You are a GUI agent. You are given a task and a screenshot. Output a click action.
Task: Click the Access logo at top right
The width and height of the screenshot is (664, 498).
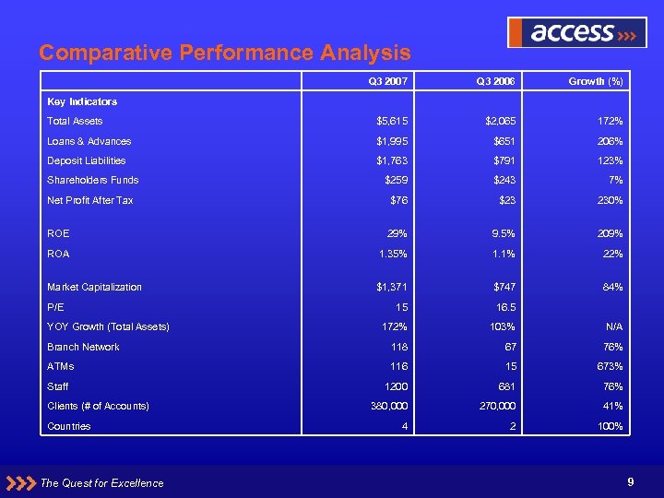(577, 33)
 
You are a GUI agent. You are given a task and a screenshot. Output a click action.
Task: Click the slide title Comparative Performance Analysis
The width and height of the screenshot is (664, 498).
(225, 53)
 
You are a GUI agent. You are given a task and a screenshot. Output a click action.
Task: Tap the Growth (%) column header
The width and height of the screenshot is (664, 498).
(596, 82)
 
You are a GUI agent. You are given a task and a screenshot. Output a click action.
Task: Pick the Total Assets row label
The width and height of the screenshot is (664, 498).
(75, 121)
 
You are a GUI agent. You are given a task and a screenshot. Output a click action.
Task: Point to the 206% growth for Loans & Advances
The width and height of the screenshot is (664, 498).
(608, 141)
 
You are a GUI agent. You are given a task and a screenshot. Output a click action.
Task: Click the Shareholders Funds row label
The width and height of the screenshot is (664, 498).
(92, 180)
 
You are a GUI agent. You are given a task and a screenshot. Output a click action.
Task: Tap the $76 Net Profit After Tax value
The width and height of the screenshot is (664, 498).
(397, 200)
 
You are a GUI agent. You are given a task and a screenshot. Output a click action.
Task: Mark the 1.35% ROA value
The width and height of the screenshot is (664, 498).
(391, 254)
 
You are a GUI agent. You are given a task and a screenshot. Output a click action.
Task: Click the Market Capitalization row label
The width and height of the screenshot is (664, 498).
(94, 287)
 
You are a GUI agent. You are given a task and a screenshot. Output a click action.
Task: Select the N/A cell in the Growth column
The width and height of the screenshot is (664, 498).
(613, 326)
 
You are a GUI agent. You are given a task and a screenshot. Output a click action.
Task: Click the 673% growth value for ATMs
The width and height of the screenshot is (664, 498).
(608, 366)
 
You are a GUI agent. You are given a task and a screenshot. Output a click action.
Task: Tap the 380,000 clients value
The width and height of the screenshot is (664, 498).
(388, 406)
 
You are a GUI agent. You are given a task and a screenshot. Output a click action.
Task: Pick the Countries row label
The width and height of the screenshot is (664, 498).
(68, 426)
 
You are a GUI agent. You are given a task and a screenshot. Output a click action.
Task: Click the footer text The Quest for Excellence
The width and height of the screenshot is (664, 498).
(102, 482)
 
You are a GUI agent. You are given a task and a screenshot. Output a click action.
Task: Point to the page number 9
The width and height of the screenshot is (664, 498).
(630, 480)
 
